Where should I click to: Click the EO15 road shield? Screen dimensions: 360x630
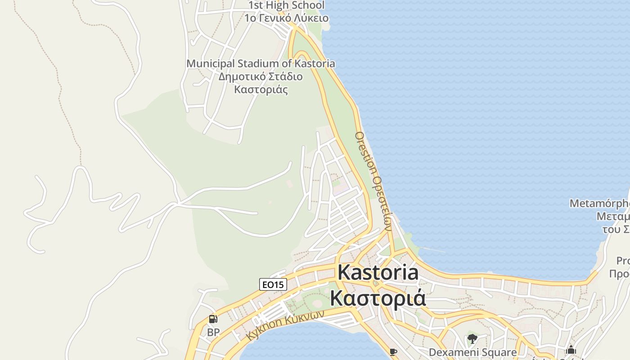coord(273,284)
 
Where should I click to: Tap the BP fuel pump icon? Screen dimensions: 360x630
coord(213,319)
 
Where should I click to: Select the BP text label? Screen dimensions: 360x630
coord(213,333)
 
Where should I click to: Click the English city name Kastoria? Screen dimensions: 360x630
coord(378,273)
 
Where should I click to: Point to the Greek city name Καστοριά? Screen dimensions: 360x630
coord(378,297)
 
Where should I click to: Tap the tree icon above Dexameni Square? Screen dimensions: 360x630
coord(472,339)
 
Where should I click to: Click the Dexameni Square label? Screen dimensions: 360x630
coord(472,352)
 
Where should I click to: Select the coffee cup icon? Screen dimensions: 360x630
coord(393,351)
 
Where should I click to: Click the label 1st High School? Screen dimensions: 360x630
coord(286,5)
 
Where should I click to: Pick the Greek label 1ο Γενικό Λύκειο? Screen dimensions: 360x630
coord(286,18)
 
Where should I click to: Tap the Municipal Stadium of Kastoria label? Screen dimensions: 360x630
coord(261,63)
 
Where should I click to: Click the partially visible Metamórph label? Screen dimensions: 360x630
coord(599,203)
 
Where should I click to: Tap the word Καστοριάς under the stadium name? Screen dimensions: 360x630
coord(261,89)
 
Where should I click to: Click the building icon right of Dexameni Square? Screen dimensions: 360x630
coord(571,350)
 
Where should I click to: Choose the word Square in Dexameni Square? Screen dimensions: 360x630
coord(499,352)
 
